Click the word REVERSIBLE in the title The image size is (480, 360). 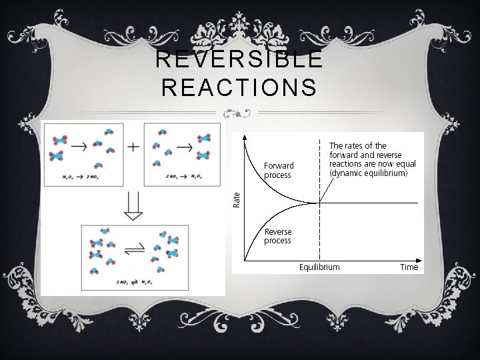point(239,59)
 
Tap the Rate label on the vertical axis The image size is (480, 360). point(236,198)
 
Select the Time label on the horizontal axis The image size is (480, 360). point(409,267)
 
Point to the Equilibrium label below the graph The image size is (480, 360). point(319,267)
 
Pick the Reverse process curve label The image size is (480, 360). point(278,236)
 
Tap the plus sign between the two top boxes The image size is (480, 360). point(133,147)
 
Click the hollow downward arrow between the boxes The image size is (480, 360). point(133,206)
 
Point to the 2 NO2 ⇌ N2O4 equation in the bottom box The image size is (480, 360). point(133,283)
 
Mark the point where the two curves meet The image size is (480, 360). point(320,203)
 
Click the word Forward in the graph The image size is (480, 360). point(279,165)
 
